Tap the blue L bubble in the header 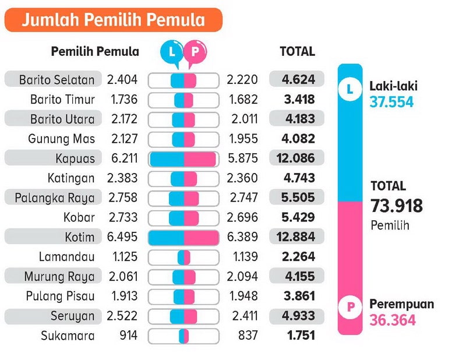pos(171,51)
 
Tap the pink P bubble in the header pos(195,51)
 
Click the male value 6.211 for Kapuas pos(122,158)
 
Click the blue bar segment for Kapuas pos(167,159)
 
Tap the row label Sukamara pos(68,336)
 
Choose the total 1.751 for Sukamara pos(301,336)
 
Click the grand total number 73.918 pos(397,206)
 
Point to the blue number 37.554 pos(391,102)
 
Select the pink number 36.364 pos(393,320)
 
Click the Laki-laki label pos(393,87)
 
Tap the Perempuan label pos(401,305)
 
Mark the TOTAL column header pos(297,51)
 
